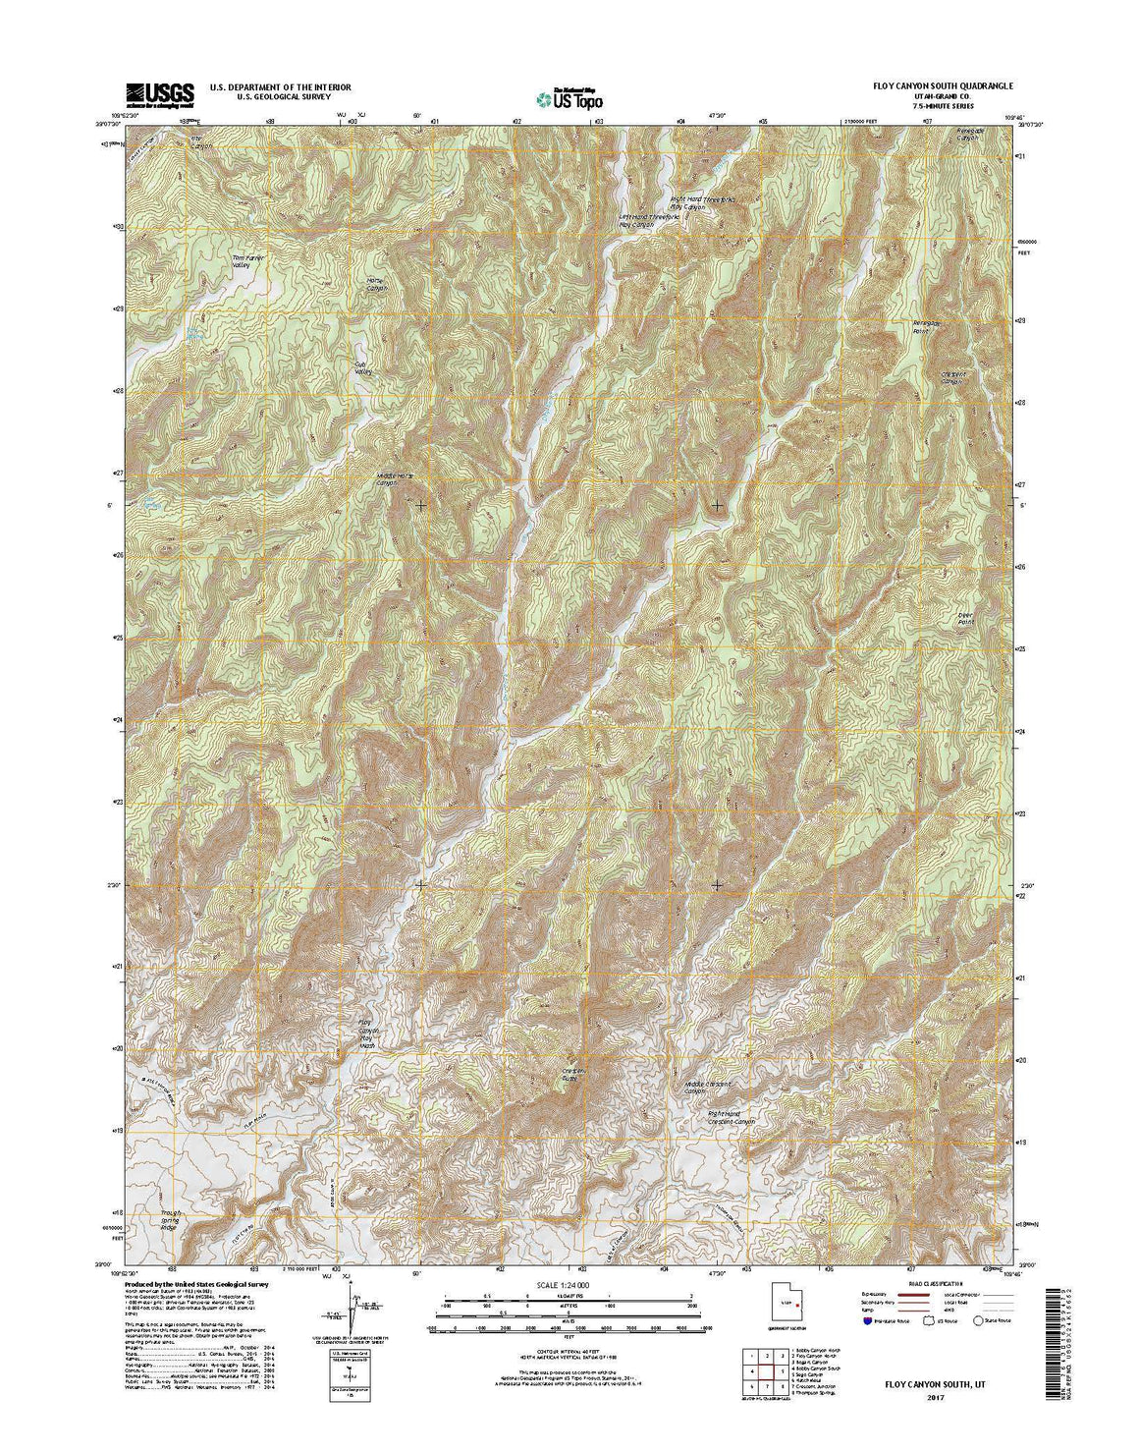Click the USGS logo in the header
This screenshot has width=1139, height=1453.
pyautogui.click(x=159, y=93)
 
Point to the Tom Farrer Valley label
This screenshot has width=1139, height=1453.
pyautogui.click(x=248, y=262)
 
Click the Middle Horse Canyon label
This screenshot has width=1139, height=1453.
pyautogui.click(x=388, y=479)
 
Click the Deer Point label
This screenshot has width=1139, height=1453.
pyautogui.click(x=970, y=619)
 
